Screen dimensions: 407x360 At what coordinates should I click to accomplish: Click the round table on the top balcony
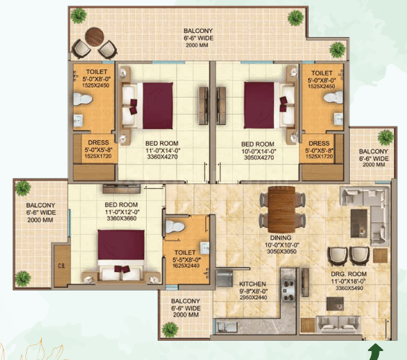tap(95, 36)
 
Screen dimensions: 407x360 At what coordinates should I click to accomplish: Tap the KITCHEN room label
tap(253, 284)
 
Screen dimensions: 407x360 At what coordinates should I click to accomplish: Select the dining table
tap(281, 210)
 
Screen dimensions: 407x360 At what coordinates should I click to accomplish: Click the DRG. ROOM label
tap(349, 274)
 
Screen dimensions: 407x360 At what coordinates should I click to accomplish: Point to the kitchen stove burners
tap(288, 291)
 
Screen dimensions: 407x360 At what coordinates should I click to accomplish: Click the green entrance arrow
tap(375, 352)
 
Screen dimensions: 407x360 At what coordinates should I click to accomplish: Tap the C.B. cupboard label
tap(62, 266)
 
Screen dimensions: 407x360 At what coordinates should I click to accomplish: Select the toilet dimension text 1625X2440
tap(186, 266)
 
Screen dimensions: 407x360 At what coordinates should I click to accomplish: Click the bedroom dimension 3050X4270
tap(259, 157)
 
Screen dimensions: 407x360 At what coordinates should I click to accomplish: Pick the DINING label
tap(281, 238)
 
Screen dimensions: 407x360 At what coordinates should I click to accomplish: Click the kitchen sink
tap(227, 327)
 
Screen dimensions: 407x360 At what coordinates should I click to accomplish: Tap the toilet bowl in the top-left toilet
tap(82, 99)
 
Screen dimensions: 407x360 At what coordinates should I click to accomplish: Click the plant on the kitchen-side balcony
tap(170, 330)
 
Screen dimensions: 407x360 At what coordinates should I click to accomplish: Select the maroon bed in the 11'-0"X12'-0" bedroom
tap(121, 245)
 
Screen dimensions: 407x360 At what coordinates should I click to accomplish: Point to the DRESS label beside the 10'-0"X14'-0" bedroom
tap(319, 143)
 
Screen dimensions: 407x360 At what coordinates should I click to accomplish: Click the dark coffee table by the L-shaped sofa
tap(359, 223)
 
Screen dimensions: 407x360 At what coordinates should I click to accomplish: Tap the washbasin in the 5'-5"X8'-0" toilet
tap(205, 248)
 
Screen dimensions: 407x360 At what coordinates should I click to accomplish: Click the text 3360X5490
tap(349, 288)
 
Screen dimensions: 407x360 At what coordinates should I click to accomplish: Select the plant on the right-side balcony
tap(386, 137)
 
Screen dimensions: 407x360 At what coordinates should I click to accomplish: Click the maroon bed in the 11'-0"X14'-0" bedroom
tap(158, 106)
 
